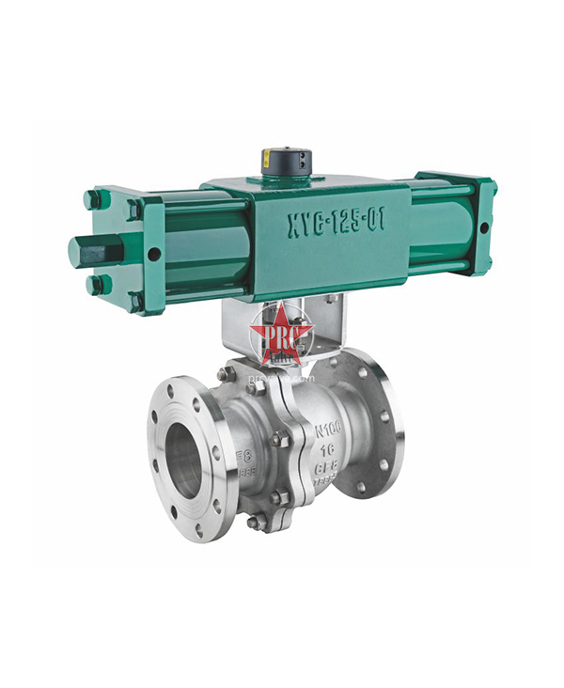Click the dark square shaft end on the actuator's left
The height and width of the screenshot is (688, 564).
(86, 253)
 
